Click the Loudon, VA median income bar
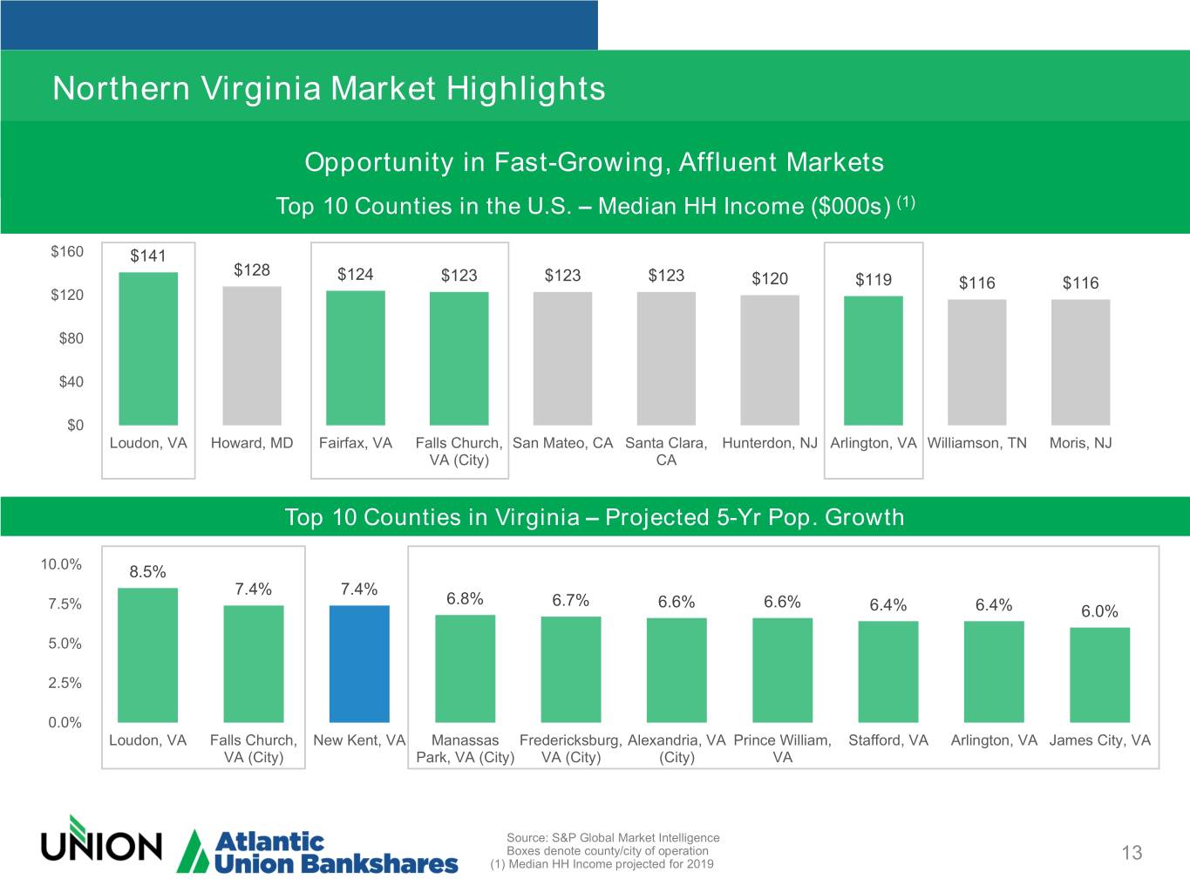coord(148,349)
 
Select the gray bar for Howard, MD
coord(252,356)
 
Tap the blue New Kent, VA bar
coord(359,664)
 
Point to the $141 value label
coord(148,256)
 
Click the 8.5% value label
coord(148,572)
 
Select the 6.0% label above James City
coord(1099,611)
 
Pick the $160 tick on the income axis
coord(67,252)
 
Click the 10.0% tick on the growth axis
coord(61,564)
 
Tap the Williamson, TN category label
coord(976,443)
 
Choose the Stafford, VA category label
coord(888,740)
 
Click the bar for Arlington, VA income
coord(874,361)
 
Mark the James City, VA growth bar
coord(1099,674)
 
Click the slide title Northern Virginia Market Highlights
coord(329,88)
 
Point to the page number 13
coord(1132,853)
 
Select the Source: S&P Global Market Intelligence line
coord(613,838)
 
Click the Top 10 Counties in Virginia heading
coord(595,517)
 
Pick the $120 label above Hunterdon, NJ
coord(770,278)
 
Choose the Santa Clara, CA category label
coord(666,451)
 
